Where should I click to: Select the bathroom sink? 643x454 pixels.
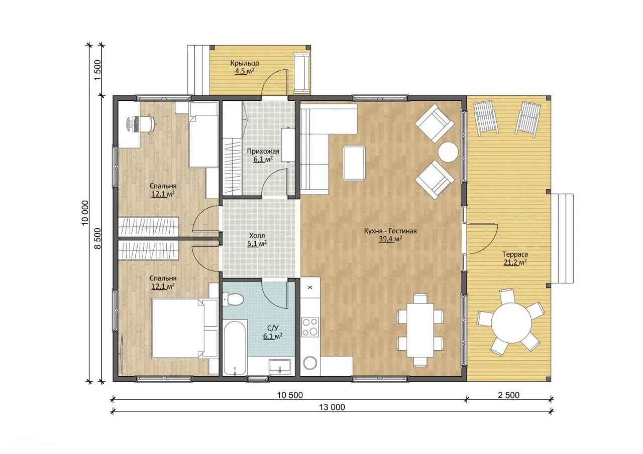(x=280, y=367)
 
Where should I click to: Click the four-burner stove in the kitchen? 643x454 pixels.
(x=310, y=327)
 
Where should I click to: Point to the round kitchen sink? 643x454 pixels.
(x=310, y=364)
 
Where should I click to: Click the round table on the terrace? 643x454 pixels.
(x=511, y=323)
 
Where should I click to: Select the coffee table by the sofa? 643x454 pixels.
(x=354, y=163)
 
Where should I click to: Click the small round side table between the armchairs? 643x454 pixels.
(x=448, y=152)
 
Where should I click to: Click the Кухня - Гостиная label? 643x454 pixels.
(x=390, y=231)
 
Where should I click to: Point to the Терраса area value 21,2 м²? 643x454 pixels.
(x=515, y=262)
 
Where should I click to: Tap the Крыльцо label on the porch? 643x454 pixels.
(x=245, y=63)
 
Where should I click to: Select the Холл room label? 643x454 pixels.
(x=257, y=236)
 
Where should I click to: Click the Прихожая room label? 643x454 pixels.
(x=263, y=152)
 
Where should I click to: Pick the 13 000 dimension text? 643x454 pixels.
(x=332, y=407)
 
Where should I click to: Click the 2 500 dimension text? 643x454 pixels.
(x=509, y=395)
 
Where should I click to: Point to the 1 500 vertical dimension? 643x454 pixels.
(x=97, y=70)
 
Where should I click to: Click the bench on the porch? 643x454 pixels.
(x=301, y=73)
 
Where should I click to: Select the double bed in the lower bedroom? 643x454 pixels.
(x=185, y=329)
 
